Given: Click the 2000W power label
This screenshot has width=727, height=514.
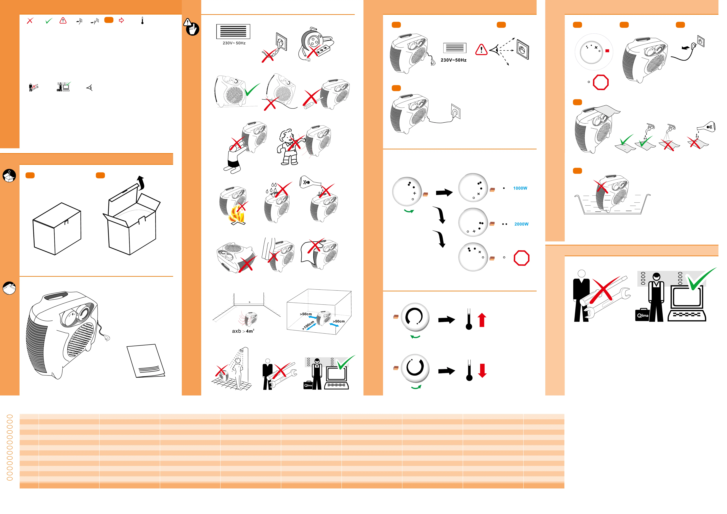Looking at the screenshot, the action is tap(528, 226).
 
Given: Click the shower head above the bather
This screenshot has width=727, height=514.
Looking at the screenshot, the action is tap(244, 353).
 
